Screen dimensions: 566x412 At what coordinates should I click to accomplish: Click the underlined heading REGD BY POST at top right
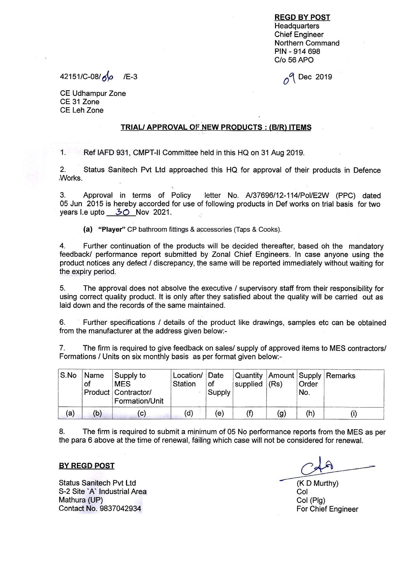point(302,17)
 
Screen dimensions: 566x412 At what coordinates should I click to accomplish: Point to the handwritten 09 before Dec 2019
point(287,78)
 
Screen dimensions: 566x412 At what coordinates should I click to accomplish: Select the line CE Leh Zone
point(82,110)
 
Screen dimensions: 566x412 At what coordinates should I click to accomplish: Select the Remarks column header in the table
point(341,376)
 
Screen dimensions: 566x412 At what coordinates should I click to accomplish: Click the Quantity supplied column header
point(249,380)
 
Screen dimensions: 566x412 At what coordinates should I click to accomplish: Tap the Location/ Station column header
point(187,380)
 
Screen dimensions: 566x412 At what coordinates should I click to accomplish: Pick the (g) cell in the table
point(281,414)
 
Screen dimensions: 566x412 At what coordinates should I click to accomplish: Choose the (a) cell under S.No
point(70,414)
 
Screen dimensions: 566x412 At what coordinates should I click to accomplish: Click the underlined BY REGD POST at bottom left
point(87,466)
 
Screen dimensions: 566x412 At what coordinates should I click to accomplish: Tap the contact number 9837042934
point(120,508)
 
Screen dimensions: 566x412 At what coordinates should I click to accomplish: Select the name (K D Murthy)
point(318,483)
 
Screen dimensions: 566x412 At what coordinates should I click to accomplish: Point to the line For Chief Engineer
point(327,509)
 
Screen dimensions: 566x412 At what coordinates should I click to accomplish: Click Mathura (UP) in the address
point(81,500)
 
